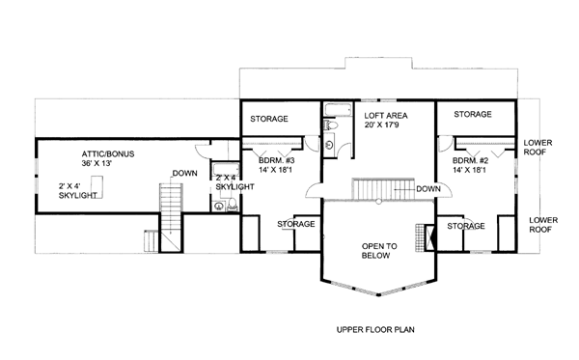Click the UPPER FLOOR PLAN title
coord(375,329)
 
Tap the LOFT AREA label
coord(386,116)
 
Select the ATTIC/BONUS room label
coord(108,154)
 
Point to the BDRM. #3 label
coord(277,160)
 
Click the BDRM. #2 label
coord(471,160)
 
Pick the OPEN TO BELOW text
coord(379,251)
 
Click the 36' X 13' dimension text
coord(96,163)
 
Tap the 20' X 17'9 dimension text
coord(382,125)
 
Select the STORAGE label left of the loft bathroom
coord(269,119)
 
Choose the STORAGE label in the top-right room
coord(473,115)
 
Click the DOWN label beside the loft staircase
coord(428,189)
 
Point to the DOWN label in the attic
coord(185,173)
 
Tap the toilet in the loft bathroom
coord(330,125)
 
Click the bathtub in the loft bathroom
coord(339,110)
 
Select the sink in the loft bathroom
coord(329,145)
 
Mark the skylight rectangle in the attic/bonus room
coord(97,187)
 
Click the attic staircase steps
coord(172,198)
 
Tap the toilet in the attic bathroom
coord(233,205)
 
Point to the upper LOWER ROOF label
coord(538,148)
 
